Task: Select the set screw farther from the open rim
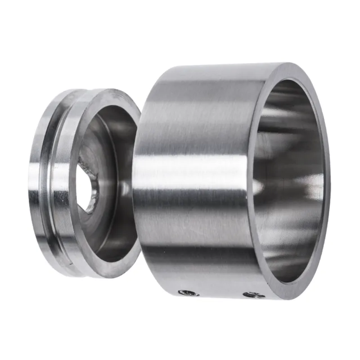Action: pos(189,293)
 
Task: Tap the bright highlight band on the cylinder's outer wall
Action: pos(189,173)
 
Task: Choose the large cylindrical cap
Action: pos(202,135)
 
